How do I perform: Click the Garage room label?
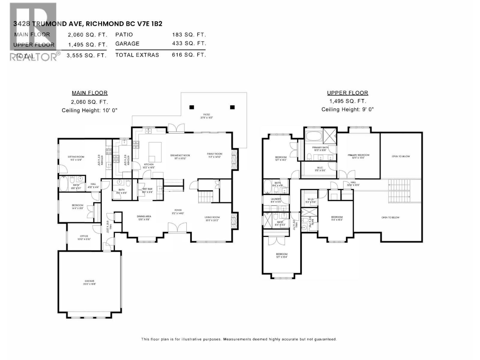(x=89, y=281)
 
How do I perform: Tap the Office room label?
(x=84, y=236)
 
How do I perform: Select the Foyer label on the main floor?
(x=178, y=210)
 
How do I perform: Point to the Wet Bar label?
(x=147, y=189)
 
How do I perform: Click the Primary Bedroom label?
(x=358, y=155)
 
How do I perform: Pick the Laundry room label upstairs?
(x=276, y=199)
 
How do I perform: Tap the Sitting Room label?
(x=76, y=157)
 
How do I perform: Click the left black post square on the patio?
(x=192, y=107)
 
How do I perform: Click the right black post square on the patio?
(x=232, y=107)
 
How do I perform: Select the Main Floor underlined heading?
(x=89, y=93)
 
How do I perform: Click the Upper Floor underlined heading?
(x=347, y=93)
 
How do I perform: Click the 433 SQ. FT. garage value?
(x=189, y=43)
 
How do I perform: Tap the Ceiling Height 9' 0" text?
(x=347, y=109)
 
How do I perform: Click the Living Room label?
(x=212, y=217)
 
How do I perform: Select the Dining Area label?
(x=144, y=216)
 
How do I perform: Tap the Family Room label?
(x=214, y=154)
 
